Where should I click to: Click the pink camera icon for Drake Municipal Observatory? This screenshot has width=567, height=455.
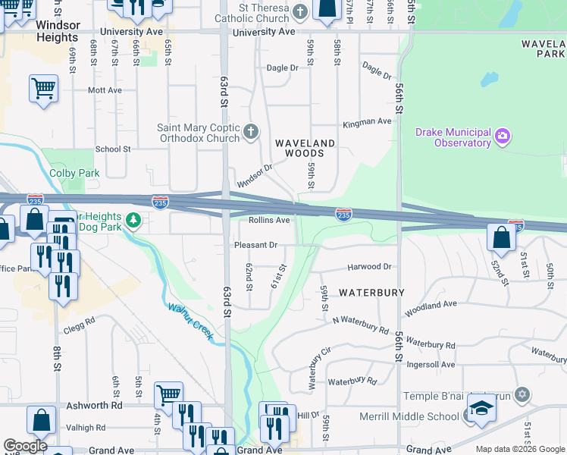pos(502,137)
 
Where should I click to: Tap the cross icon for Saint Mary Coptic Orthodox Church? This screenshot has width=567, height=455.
pos(252,133)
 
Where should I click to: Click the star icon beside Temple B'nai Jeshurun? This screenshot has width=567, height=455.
pos(522,394)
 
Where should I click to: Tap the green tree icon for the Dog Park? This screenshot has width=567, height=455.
pos(133,221)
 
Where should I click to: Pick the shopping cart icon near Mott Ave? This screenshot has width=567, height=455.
pos(44,88)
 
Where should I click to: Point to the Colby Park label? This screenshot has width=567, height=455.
pos(74,173)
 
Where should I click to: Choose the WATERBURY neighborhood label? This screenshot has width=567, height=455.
pos(371,292)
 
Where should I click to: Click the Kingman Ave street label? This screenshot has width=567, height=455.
pos(367,121)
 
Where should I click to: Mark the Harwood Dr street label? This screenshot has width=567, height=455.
pos(369,267)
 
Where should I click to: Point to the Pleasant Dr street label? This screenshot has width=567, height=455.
pos(255,245)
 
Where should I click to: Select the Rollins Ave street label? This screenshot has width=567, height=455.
pos(269,220)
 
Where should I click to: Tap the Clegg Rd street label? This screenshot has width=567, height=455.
pos(80,320)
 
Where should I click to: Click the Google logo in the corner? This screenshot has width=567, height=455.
pos(25,445)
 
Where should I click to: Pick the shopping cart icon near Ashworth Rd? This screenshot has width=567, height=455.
pos(168,394)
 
